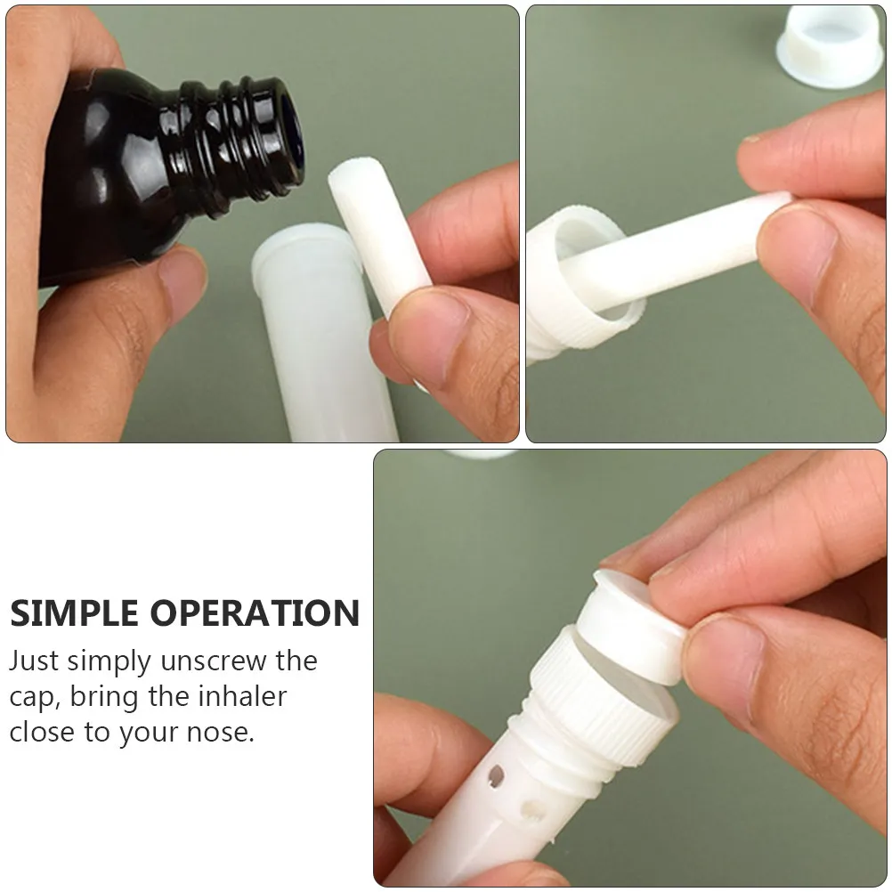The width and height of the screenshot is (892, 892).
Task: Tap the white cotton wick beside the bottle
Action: click(379, 233)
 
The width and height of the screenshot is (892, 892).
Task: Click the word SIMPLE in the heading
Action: click(74, 613)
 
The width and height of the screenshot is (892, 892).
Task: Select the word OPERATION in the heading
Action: click(255, 613)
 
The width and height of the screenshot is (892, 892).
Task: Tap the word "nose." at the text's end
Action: click(220, 733)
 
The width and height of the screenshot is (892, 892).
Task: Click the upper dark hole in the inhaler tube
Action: click(496, 776)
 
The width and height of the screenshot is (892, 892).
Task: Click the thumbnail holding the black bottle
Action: click(182, 274)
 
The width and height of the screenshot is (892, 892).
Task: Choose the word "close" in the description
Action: click(42, 732)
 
